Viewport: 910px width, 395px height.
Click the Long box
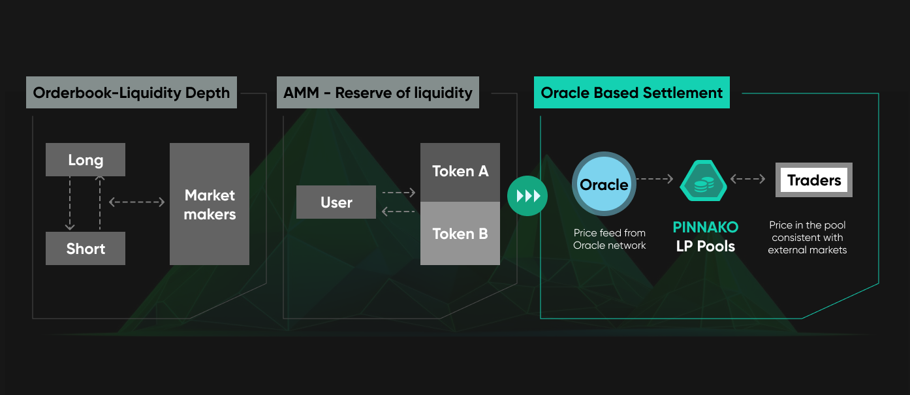86,160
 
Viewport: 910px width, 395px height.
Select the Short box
86,249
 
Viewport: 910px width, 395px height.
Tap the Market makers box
210,204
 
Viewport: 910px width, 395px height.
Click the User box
336,202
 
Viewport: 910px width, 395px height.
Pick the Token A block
460,172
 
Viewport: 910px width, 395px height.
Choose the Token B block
460,234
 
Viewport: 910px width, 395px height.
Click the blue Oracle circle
604,184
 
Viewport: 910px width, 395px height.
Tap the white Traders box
814,180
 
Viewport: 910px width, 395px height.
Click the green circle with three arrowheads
527,195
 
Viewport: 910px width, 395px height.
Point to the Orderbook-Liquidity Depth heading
131,93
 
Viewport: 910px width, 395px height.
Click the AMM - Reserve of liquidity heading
377,93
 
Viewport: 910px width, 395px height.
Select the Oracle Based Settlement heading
631,93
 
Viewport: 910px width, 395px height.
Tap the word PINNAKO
706,228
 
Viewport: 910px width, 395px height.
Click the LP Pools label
706,247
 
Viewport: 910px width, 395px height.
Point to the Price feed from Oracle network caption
609,239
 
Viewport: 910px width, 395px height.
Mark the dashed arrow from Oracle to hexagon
655,178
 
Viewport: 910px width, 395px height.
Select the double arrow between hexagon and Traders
748,178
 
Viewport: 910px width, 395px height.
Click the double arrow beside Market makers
136,202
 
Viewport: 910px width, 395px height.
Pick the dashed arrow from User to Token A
398,193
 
